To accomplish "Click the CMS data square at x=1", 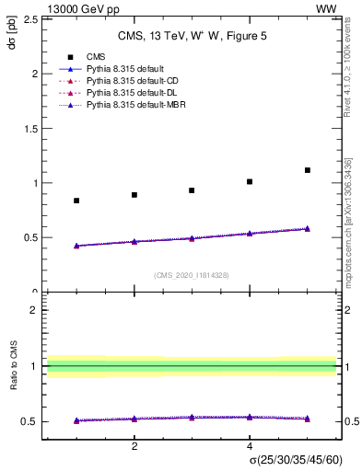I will coord(76,201).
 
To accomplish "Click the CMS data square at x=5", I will coord(307,170).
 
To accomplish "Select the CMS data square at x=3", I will coord(192,190).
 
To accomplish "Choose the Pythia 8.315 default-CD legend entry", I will coord(128,82).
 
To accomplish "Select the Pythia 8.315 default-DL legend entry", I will coord(128,94).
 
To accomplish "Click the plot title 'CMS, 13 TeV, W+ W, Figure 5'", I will coord(191,37).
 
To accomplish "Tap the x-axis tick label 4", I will coord(250,446).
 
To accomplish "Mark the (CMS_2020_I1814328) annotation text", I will coord(191,275).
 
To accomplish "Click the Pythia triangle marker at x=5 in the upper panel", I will coord(307,228).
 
